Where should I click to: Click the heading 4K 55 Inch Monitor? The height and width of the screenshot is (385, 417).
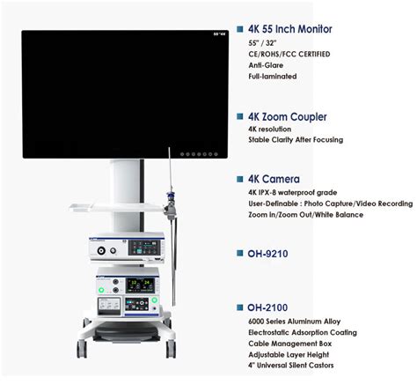[290, 29]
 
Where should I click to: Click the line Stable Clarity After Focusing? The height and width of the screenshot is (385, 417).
[296, 140]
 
